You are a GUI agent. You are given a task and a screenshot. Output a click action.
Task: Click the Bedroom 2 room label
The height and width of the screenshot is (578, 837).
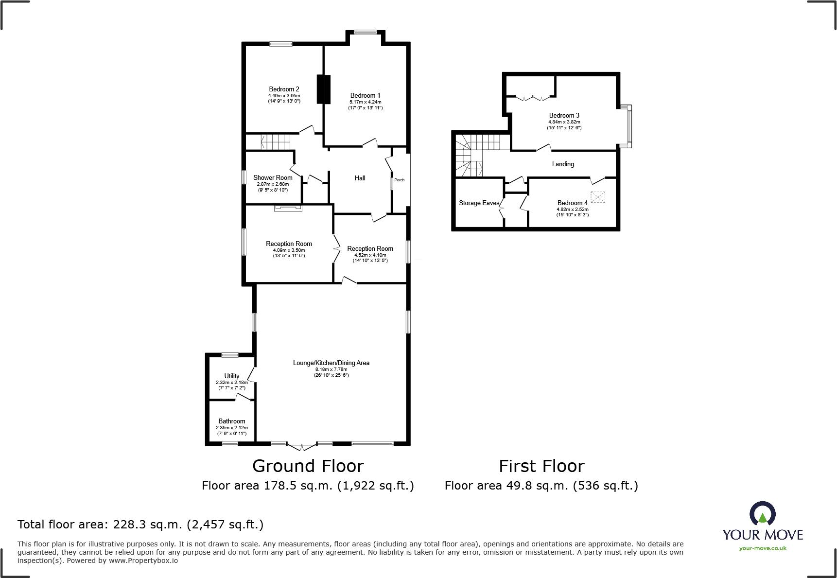(284, 89)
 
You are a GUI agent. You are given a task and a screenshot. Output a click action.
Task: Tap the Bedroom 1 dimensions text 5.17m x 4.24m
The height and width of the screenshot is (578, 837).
(365, 102)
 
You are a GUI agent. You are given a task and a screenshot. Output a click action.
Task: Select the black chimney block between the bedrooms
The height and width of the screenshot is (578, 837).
(323, 89)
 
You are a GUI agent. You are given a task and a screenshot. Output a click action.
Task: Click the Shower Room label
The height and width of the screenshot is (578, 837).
(273, 177)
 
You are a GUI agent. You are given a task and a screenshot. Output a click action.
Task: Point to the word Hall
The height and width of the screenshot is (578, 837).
(360, 178)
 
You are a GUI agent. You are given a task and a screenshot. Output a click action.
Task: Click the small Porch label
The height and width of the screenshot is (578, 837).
(400, 180)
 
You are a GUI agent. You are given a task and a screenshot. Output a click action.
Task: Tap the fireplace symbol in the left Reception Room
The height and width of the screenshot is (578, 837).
(288, 209)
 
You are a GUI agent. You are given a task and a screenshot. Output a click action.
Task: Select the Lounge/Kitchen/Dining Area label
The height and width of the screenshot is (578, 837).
(331, 363)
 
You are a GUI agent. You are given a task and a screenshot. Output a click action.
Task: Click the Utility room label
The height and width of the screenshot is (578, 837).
(232, 376)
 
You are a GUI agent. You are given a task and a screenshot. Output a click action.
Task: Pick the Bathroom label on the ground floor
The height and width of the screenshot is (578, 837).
(232, 421)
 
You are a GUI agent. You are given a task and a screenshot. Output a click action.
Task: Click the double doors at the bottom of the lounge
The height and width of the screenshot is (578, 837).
(302, 446)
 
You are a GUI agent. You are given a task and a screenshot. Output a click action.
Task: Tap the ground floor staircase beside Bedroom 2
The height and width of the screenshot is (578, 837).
(275, 142)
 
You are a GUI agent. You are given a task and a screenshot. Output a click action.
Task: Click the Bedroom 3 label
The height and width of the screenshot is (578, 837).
(564, 115)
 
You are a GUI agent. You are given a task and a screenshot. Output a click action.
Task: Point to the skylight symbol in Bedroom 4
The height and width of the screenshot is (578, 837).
(598, 197)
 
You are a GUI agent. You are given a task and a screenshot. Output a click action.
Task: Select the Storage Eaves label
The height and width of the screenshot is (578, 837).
(479, 203)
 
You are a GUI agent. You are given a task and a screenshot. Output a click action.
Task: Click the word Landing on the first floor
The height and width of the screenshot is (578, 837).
(563, 164)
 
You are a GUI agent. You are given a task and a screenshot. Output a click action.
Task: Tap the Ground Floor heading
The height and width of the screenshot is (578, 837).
(308, 466)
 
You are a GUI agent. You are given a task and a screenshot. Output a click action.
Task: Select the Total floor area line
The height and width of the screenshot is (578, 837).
(140, 524)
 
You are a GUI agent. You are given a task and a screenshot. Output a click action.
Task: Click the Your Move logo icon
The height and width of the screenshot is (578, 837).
(762, 513)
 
